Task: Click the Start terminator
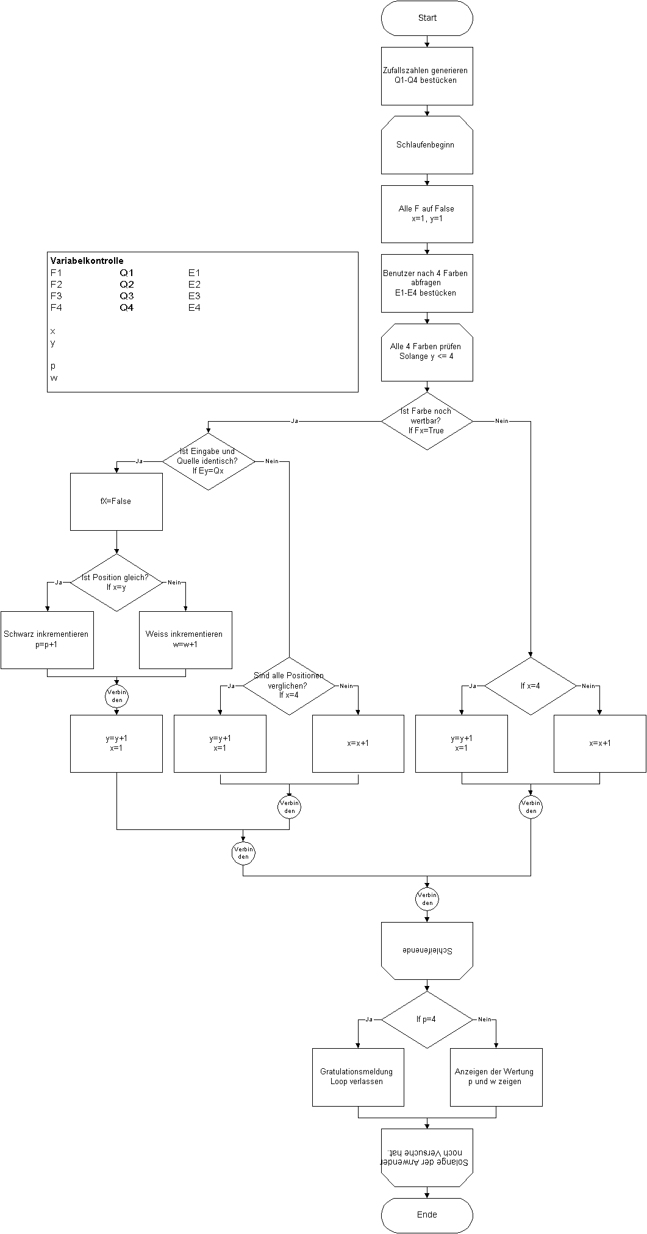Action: pyautogui.click(x=427, y=18)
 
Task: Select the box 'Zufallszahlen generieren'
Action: pyautogui.click(x=427, y=76)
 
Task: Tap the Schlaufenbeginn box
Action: pyautogui.click(x=427, y=145)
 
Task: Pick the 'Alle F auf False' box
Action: pyautogui.click(x=427, y=214)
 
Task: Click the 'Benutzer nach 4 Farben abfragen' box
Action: pyautogui.click(x=427, y=283)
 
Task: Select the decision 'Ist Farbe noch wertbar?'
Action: pyautogui.click(x=427, y=421)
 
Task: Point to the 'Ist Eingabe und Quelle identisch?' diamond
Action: pyautogui.click(x=209, y=461)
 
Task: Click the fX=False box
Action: pyautogui.click(x=116, y=502)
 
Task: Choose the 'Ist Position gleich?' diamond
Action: pyautogui.click(x=116, y=583)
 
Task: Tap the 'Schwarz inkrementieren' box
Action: pyautogui.click(x=47, y=640)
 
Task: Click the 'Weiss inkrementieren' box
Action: pyautogui.click(x=185, y=640)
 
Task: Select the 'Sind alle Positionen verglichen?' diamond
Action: pyautogui.click(x=289, y=686)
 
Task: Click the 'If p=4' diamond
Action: pyautogui.click(x=427, y=1019)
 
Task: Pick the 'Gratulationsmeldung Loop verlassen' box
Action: pyautogui.click(x=358, y=1077)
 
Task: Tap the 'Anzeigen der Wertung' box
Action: pyautogui.click(x=496, y=1077)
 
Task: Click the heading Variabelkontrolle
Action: pyautogui.click(x=87, y=261)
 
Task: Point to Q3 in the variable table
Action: pyautogui.click(x=126, y=296)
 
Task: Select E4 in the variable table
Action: pyautogui.click(x=195, y=308)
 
